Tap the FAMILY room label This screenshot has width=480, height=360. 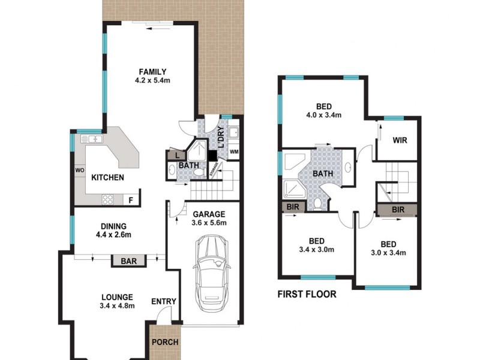pos(149,71)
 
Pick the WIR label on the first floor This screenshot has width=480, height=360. pos(400,141)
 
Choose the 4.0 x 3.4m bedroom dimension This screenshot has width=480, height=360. pos(325,115)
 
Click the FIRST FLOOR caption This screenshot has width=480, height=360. pos(307,294)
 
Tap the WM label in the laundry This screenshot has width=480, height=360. pos(233,151)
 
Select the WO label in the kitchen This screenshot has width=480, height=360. pos(79,170)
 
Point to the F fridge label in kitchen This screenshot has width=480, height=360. pos(130,199)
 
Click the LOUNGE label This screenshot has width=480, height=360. pos(118,296)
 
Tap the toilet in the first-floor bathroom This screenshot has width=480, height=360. pos(318,204)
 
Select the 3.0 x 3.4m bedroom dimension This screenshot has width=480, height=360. pos(389,253)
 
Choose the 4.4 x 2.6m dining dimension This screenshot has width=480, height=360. pos(113,235)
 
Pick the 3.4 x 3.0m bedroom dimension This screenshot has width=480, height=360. pos(317,250)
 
